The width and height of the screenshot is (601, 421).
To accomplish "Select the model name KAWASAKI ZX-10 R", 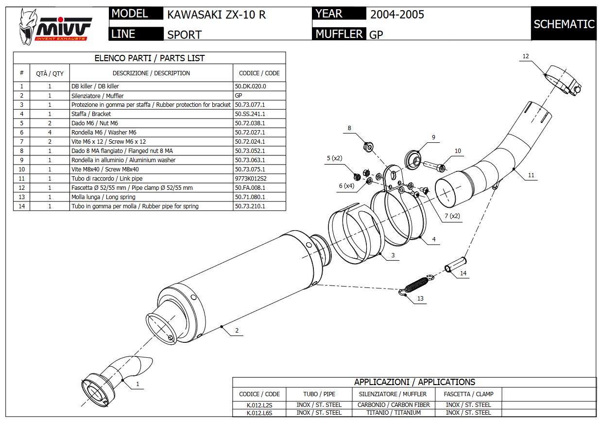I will (216, 14).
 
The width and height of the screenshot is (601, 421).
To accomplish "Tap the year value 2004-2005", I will (397, 14).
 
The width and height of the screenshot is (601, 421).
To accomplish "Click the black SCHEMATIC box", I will (564, 24).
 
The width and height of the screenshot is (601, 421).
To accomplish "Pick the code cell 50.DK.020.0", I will (250, 86).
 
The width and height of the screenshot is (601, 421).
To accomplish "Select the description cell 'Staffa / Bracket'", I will (91, 114).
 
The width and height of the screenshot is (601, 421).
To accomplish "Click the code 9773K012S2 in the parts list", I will (250, 178).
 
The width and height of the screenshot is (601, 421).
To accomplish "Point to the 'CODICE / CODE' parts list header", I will (259, 73).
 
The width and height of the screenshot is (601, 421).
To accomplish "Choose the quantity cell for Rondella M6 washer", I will (50, 132).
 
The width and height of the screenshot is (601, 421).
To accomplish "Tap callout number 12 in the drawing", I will (525, 56).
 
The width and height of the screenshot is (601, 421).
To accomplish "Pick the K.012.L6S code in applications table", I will (259, 413).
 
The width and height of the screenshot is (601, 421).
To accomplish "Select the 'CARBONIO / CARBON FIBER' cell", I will (394, 404).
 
